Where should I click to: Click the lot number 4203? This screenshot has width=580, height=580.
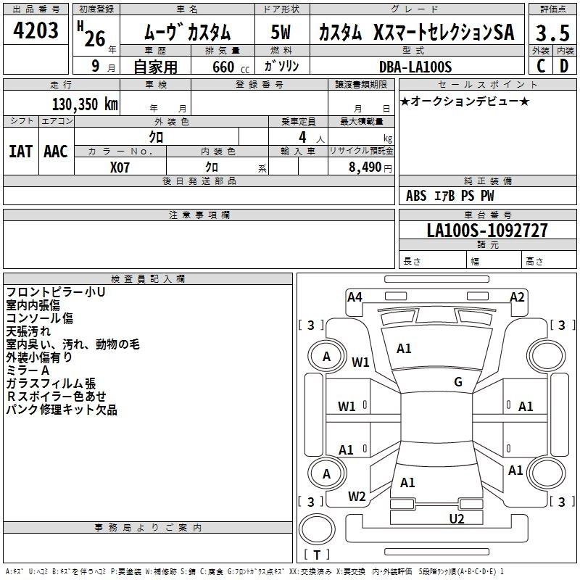pos(36,30)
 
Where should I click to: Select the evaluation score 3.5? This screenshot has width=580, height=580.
pos(552,33)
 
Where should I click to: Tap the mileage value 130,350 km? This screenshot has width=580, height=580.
pos(85,104)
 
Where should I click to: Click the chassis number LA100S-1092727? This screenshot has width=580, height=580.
pos(487,231)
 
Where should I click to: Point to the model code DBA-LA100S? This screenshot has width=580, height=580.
pos(415,67)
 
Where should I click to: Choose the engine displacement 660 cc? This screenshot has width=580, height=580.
pos(231,67)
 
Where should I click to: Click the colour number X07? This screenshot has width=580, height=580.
pos(120,167)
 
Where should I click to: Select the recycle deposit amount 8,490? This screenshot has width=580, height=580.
pos(365,167)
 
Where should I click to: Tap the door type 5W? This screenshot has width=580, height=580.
pos(281,32)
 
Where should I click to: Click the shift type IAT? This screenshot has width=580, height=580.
pos(21,152)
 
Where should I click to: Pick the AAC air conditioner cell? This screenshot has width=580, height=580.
pos(56,152)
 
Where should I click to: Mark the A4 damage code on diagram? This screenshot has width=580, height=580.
pos(355,297)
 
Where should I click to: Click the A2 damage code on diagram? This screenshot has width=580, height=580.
pos(517,297)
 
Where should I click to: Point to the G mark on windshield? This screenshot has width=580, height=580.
pos(458,382)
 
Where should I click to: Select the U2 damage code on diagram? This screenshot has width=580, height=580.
pos(457,519)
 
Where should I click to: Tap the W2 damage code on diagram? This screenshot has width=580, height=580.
pos(357,497)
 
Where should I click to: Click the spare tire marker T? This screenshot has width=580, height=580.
pos(317,555)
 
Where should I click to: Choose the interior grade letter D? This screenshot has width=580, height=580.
pos(564,66)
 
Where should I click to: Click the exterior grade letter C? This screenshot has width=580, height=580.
pos(541,66)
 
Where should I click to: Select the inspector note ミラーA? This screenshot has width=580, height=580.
pos(28,370)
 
